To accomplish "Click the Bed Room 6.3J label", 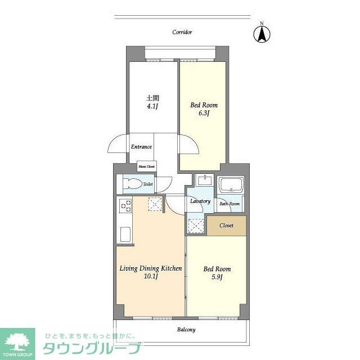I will point(204,109).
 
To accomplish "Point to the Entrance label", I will point(141,147).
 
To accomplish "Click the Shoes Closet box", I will point(147,166).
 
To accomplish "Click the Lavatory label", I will point(200,201).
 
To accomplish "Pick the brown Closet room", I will point(227,225).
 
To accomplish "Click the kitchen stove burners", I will point(124,206).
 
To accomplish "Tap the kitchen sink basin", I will point(124,234).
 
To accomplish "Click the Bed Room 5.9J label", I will point(217,273).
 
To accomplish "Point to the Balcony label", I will point(186,330).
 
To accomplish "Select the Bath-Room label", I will point(229,204).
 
